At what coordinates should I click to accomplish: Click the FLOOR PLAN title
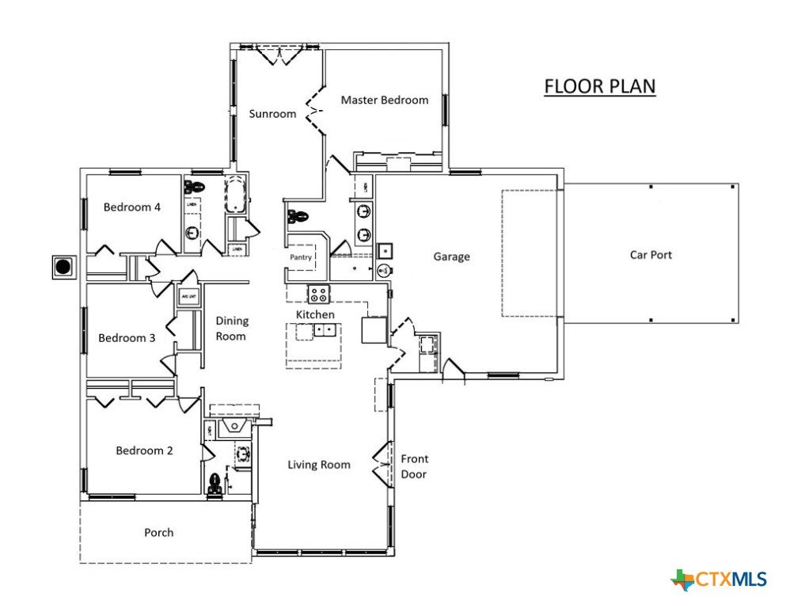(599, 85)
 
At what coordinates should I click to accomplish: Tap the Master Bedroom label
(384, 101)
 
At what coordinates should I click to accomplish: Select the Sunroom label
(272, 114)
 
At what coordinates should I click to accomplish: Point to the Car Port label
(651, 255)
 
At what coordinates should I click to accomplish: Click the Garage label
(451, 256)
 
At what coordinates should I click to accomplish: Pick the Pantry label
(300, 257)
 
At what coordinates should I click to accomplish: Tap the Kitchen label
(315, 315)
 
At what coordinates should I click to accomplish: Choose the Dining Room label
(232, 329)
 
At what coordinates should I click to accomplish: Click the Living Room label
(318, 465)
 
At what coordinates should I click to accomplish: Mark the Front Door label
(414, 466)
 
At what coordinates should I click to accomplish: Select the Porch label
(158, 533)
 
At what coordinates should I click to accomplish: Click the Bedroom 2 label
(144, 451)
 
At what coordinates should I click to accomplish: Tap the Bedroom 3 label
(127, 338)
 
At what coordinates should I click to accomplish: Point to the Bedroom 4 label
(132, 207)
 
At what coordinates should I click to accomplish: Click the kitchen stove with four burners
(318, 294)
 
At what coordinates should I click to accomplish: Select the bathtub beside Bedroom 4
(236, 195)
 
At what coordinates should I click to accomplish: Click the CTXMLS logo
(719, 580)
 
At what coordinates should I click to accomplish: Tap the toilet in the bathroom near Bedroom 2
(215, 484)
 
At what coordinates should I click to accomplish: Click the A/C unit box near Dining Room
(188, 297)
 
